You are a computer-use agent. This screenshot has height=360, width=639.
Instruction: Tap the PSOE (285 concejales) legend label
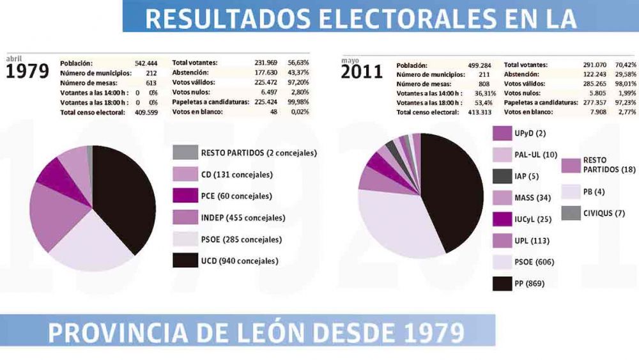[x=241, y=239]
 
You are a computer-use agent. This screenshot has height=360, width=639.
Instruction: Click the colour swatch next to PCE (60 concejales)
[x=185, y=196]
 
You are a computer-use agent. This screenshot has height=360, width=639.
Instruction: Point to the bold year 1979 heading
[x=27, y=72]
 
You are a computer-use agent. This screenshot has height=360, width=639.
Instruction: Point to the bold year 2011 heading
[x=362, y=72]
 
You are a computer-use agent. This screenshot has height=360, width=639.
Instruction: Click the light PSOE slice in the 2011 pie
[x=396, y=224]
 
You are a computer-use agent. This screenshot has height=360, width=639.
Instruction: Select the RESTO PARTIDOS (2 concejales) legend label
[x=259, y=153]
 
